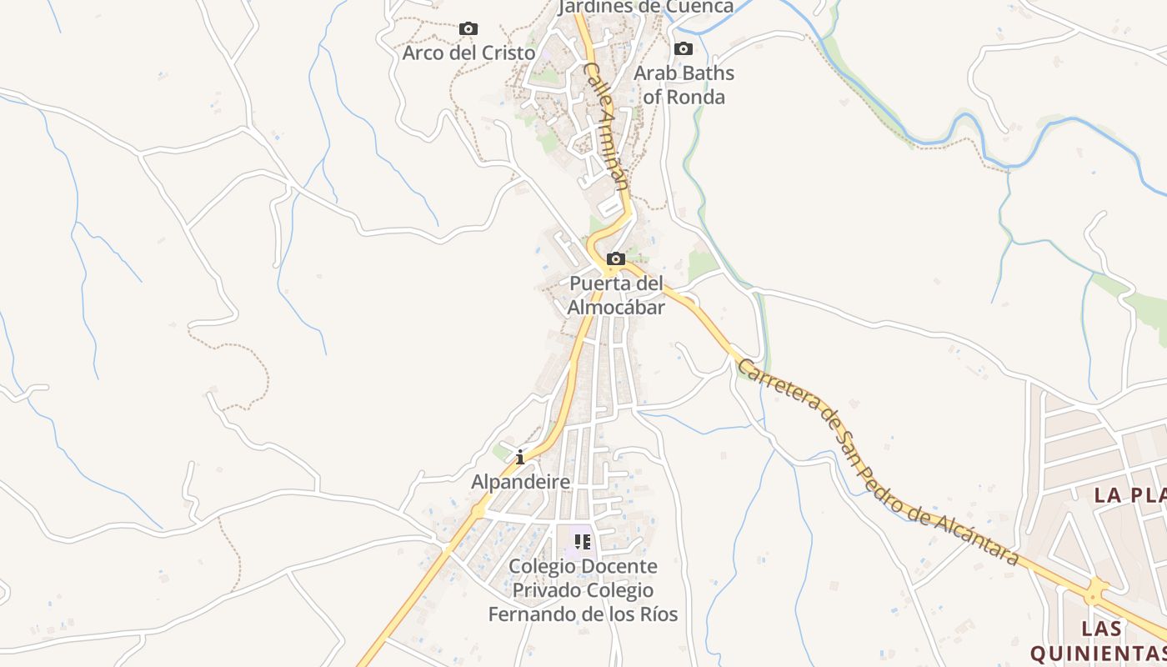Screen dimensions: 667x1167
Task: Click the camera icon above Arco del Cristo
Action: [468, 29]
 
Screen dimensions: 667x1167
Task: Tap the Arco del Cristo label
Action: [468, 53]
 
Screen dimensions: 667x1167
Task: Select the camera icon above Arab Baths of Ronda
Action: [684, 49]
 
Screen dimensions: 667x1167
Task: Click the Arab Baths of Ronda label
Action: [684, 85]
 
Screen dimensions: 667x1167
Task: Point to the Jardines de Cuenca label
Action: [646, 8]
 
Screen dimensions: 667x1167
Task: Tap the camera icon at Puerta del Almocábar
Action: [616, 259]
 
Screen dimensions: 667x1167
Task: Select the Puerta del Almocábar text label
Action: [616, 295]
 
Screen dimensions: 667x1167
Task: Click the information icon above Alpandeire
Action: [520, 457]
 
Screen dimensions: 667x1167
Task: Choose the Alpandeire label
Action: [521, 482]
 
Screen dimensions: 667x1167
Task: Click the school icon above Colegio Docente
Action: [583, 542]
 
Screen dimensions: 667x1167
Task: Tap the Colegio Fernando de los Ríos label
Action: [583, 590]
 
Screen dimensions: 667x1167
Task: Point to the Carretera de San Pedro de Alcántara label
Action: [878, 462]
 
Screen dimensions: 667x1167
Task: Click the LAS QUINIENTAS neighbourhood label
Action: [1099, 640]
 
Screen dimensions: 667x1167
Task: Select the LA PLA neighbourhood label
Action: [1129, 495]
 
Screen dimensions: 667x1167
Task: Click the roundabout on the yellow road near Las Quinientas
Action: [1094, 594]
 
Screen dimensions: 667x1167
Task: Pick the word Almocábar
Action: [616, 308]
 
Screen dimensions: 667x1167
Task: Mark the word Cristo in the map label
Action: [507, 53]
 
